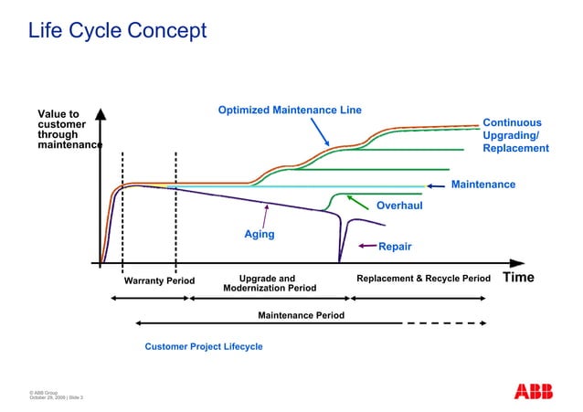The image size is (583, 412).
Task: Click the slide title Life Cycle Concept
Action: tap(117, 31)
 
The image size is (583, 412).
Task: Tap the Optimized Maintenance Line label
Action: tap(289, 111)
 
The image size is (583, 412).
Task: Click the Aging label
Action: tap(259, 235)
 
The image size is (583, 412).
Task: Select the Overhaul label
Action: tap(399, 206)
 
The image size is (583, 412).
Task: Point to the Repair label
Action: tap(395, 247)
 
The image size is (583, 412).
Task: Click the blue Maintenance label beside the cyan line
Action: tap(483, 185)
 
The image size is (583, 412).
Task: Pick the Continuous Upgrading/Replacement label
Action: tap(515, 135)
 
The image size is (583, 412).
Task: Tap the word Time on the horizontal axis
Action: tap(518, 278)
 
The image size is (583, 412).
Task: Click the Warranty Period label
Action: tap(159, 280)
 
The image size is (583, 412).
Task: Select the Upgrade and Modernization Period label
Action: tap(270, 283)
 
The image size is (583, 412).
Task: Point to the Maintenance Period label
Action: tap(301, 315)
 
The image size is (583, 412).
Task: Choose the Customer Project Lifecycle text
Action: tap(204, 347)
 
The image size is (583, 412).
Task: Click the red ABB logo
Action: tap(534, 391)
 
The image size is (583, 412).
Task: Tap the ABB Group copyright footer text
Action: tap(56, 395)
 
